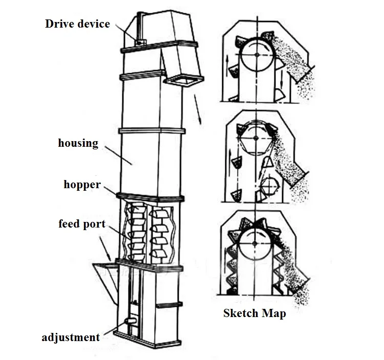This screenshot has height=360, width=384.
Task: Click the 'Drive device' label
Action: click(x=77, y=24)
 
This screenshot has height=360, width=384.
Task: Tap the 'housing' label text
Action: click(x=78, y=143)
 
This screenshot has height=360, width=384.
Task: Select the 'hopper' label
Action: click(x=82, y=184)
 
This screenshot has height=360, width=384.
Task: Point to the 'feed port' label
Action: click(x=82, y=224)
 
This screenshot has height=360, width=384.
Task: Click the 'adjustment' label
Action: click(x=71, y=337)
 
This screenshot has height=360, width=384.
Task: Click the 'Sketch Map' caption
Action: click(x=254, y=313)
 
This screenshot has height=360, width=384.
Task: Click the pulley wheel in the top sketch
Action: click(x=256, y=55)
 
